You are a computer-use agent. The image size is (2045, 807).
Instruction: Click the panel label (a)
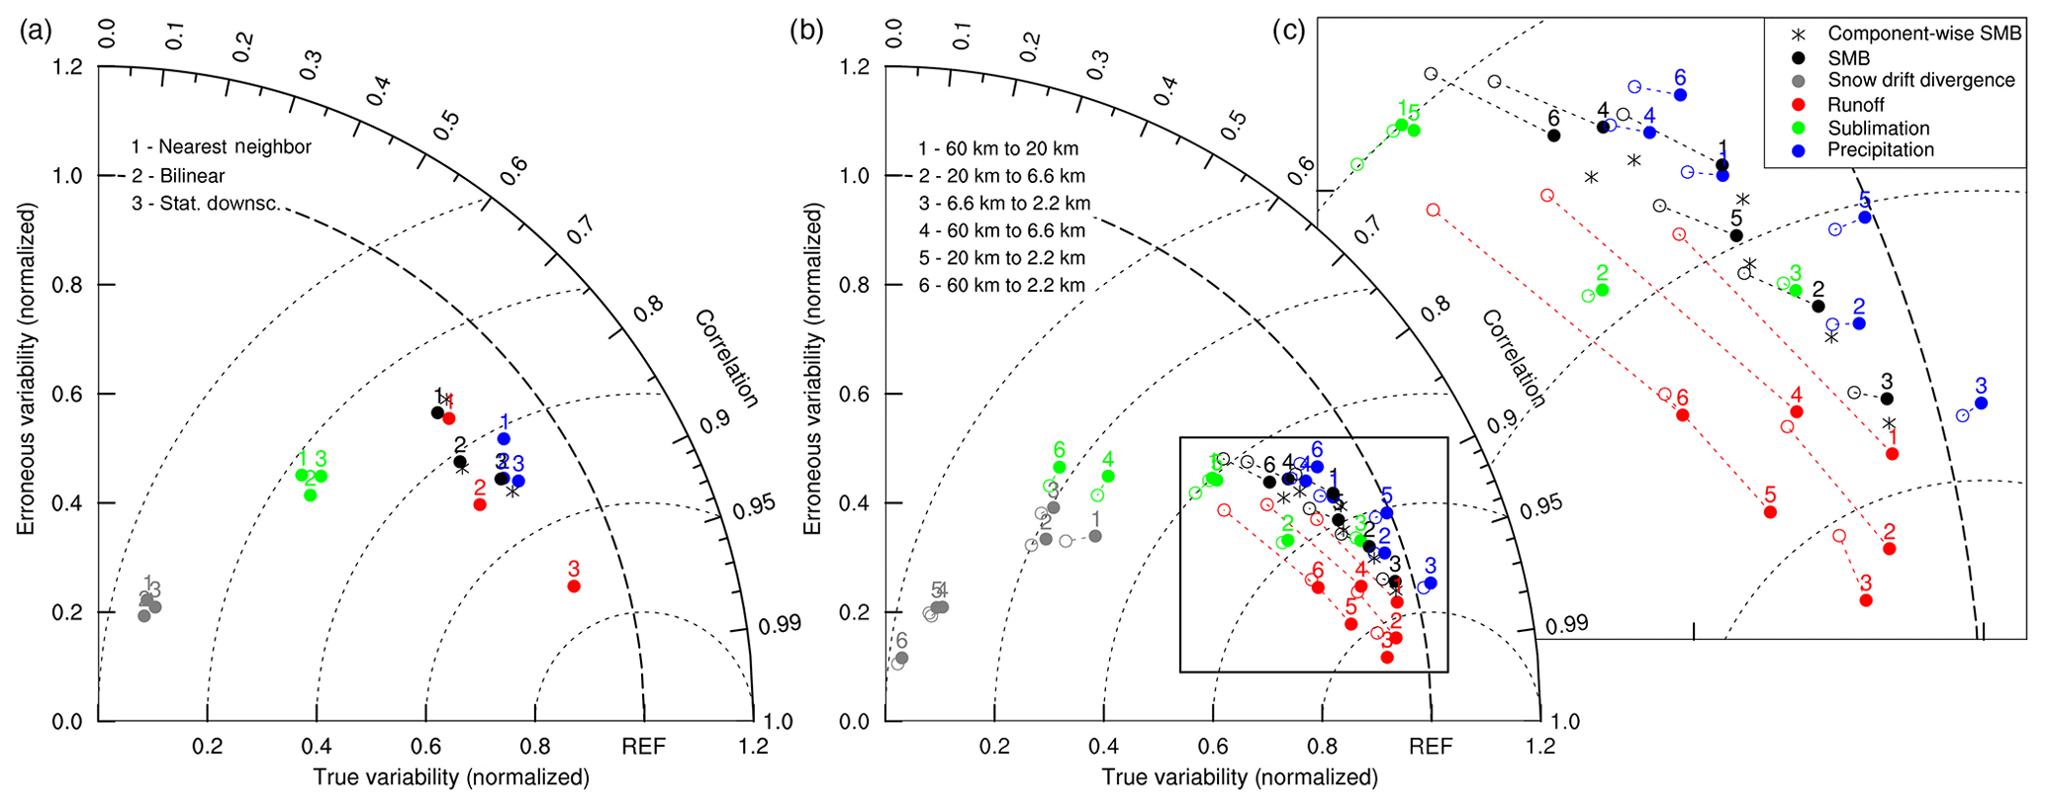pos(36,32)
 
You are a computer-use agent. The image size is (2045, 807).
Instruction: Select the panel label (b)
pos(805,32)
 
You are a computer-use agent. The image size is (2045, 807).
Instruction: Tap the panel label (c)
pos(1288,32)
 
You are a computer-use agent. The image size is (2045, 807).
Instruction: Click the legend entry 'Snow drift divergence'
pos(1920,80)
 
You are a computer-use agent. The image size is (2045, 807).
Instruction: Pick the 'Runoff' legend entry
pos(1855,105)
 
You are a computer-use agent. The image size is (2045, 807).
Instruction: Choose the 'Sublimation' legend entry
pos(1878,128)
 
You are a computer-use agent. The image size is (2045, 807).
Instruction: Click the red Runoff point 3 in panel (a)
pos(574,586)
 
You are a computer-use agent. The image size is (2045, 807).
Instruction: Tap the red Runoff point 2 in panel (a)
pos(480,504)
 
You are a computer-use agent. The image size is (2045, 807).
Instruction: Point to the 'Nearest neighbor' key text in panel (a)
pos(222,147)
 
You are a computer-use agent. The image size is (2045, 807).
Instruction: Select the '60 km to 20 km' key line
pos(998,149)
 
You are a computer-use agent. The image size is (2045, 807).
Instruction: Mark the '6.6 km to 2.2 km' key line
pos(1004,204)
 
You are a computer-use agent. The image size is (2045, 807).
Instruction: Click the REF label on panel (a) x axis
pos(643,747)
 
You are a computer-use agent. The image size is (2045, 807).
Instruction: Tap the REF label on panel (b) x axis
pos(1431,747)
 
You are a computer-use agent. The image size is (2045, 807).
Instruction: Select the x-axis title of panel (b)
pos(1240,777)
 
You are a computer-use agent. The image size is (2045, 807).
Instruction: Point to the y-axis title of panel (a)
pos(26,370)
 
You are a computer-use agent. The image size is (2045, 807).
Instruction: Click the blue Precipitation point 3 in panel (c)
pos(1981,403)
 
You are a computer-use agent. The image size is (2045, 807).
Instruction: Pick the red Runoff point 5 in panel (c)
pos(1770,512)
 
